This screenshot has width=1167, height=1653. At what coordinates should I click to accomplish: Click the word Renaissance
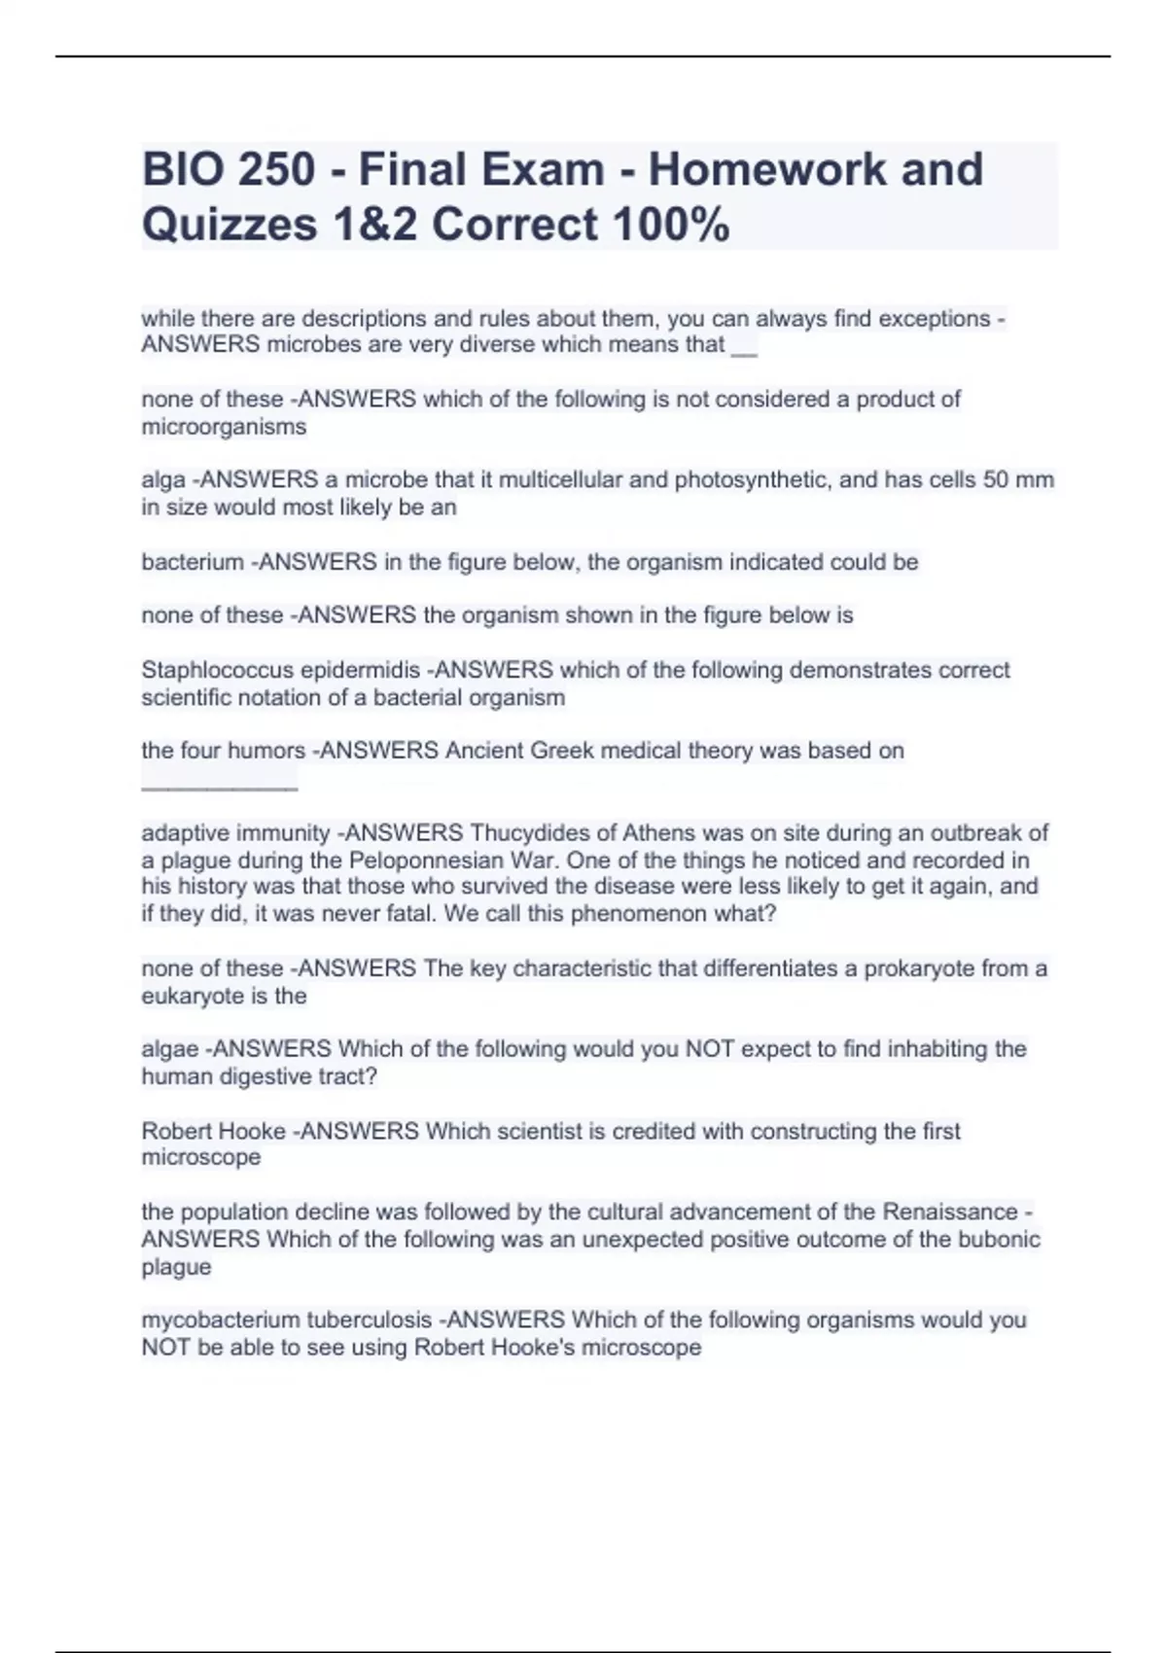(x=950, y=1213)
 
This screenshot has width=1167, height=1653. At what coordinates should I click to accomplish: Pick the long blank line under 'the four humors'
(x=220, y=787)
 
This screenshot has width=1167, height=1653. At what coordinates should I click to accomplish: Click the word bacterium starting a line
(x=193, y=562)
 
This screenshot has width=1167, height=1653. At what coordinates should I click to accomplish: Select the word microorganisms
(x=224, y=427)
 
